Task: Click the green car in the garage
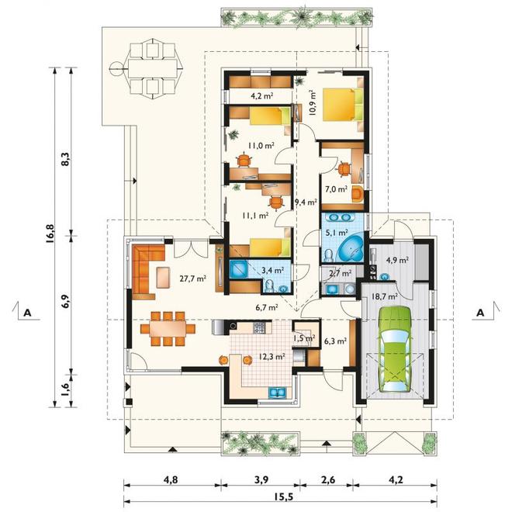click(394, 348)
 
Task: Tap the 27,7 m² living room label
click(192, 278)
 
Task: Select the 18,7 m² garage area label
click(384, 296)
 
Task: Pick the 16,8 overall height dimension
click(50, 234)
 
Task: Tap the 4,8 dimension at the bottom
click(171, 480)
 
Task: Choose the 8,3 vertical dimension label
click(65, 159)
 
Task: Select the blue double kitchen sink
click(277, 393)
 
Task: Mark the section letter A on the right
click(480, 313)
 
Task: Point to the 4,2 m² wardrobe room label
click(262, 95)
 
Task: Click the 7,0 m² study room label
click(336, 189)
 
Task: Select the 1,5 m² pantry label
click(304, 338)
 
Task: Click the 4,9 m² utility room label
click(397, 260)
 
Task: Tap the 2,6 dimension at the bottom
click(327, 480)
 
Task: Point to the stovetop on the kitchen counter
click(259, 327)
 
